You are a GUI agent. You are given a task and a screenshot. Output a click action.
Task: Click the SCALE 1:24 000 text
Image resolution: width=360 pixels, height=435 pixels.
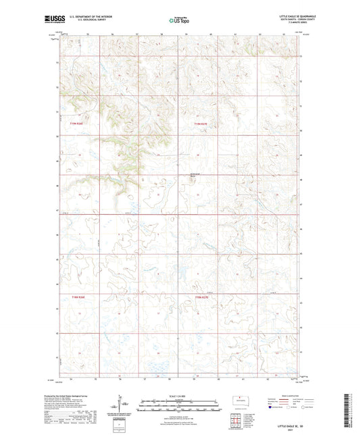click(179, 396)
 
